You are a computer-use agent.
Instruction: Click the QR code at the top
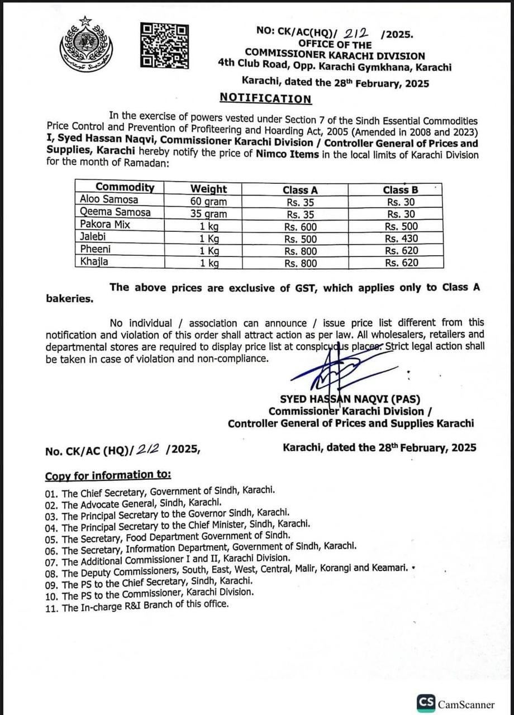[x=163, y=46]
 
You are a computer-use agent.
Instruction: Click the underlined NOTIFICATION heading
[x=265, y=98]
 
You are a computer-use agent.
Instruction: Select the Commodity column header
[x=124, y=188]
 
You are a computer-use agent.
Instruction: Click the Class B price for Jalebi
[x=401, y=238]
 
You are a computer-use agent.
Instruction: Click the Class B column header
[x=401, y=189]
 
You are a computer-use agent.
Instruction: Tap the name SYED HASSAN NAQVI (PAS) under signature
[x=350, y=399]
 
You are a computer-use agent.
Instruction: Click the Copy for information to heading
[x=108, y=475]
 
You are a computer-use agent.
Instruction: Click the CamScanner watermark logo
[x=456, y=703]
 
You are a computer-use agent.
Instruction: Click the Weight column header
[x=208, y=189]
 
